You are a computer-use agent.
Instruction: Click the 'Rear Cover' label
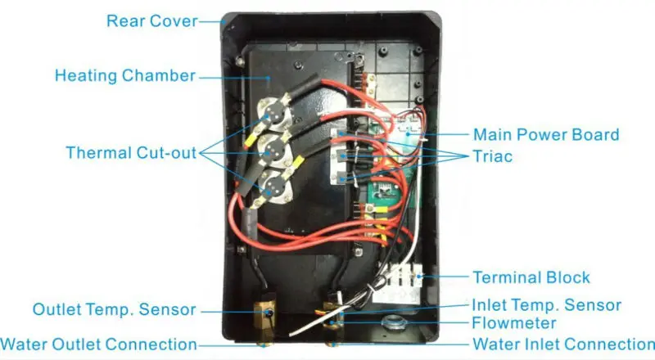(x=152, y=20)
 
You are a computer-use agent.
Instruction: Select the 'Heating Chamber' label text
(x=125, y=76)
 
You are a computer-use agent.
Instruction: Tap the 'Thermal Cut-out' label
(x=131, y=153)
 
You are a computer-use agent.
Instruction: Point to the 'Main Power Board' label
(x=546, y=134)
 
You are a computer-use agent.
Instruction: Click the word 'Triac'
(x=494, y=155)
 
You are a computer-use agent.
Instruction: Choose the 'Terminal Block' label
(x=531, y=277)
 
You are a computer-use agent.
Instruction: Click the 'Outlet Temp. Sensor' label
(x=115, y=310)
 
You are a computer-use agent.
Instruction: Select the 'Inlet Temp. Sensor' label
(x=546, y=305)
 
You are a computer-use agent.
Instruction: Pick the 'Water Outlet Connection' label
(x=99, y=344)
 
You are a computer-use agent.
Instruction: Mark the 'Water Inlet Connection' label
(x=564, y=344)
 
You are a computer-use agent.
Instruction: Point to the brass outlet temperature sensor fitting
(x=264, y=312)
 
